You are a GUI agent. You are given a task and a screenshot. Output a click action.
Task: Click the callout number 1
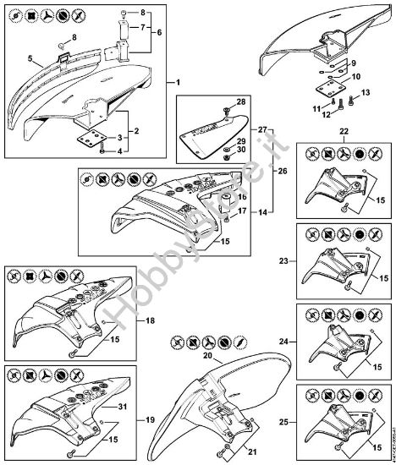point(179,82)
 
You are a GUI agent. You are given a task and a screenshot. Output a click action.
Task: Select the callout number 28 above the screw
point(241,102)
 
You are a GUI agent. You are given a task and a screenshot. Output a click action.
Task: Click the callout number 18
point(149,321)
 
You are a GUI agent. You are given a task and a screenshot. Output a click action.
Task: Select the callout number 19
point(149,419)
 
